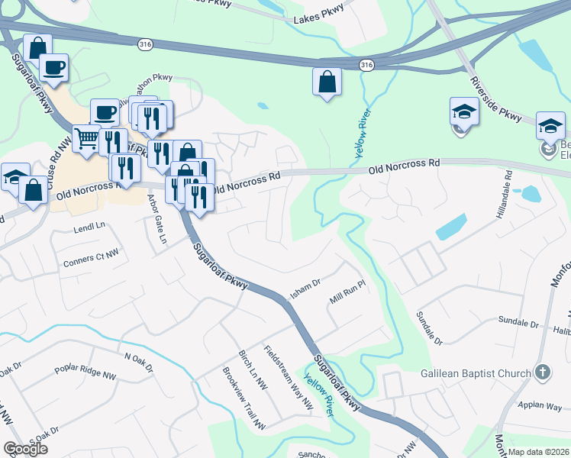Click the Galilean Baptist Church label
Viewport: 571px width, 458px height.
[476, 373]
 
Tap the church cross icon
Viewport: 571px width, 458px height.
[542, 373]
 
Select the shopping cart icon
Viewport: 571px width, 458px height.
[86, 139]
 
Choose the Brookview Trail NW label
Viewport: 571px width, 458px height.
[243, 398]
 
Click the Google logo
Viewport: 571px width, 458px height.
[25, 448]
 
